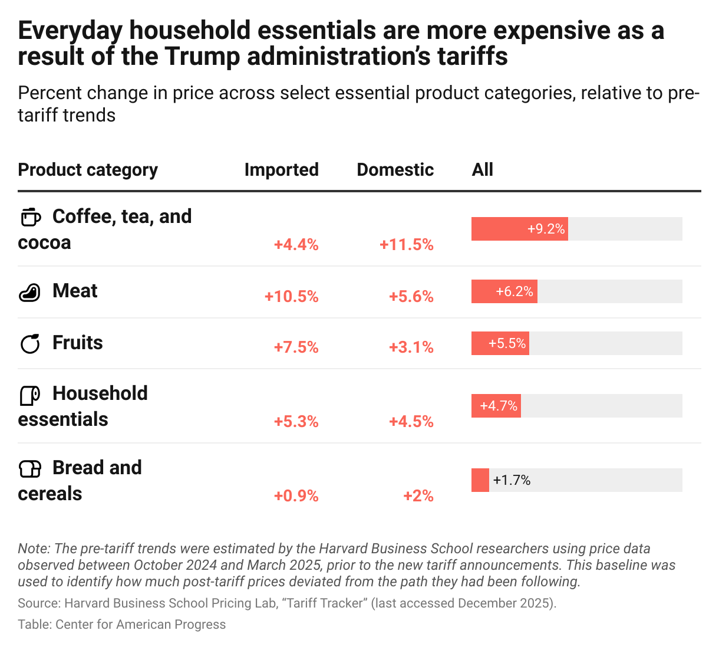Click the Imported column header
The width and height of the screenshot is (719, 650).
click(281, 170)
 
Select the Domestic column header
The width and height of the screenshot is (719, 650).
click(395, 170)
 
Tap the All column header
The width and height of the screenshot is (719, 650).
click(482, 170)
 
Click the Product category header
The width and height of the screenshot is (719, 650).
click(88, 170)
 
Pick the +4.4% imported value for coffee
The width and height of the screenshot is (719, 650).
click(296, 245)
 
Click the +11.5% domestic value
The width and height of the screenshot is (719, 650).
click(407, 245)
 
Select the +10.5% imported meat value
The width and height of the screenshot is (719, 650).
click(291, 296)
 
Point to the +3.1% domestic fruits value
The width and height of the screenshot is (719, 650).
click(411, 347)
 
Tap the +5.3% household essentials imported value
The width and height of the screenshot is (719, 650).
click(296, 422)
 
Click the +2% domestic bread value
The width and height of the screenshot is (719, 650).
click(418, 496)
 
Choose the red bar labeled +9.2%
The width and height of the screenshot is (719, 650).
click(519, 229)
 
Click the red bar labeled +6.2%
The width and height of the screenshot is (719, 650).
click(504, 291)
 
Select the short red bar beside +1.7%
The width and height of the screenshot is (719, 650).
click(480, 480)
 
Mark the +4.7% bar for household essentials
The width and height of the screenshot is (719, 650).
click(496, 406)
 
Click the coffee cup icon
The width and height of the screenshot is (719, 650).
click(31, 217)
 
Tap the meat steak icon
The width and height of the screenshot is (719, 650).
click(30, 292)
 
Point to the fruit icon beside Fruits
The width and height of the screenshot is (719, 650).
click(30, 343)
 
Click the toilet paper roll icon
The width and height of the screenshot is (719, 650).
click(30, 395)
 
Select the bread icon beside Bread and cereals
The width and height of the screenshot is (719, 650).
click(30, 469)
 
